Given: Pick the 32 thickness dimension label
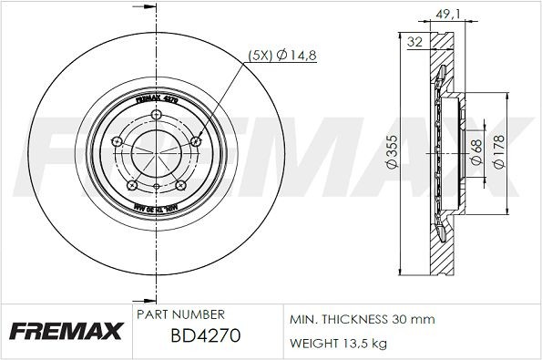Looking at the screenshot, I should [415, 41].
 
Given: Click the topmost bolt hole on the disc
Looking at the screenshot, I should [156, 116].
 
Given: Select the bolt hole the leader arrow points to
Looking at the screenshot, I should [198, 141].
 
